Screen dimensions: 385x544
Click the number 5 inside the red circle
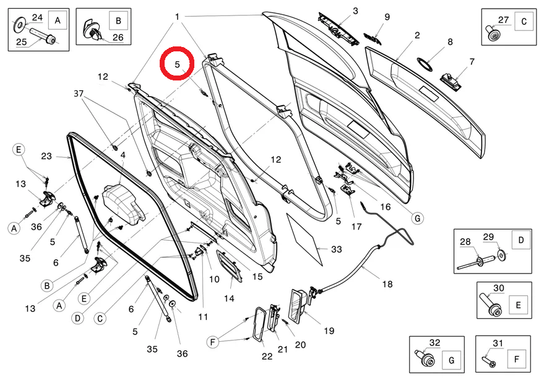178,64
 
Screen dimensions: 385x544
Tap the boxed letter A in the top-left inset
58,21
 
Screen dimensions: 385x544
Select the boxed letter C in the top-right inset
524,21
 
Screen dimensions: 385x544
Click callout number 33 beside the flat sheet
336,249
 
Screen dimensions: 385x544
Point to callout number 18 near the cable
387,284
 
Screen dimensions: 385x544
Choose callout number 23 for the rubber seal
46,157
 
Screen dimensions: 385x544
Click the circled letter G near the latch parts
418,218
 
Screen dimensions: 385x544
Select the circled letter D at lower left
77,318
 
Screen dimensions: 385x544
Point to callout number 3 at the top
355,11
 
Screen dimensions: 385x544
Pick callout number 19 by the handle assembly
329,331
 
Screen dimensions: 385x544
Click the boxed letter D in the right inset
520,240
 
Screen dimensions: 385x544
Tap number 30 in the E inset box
498,288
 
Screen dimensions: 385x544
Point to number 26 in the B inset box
117,38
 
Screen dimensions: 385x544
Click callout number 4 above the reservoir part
123,155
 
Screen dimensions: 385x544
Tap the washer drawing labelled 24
20,24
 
